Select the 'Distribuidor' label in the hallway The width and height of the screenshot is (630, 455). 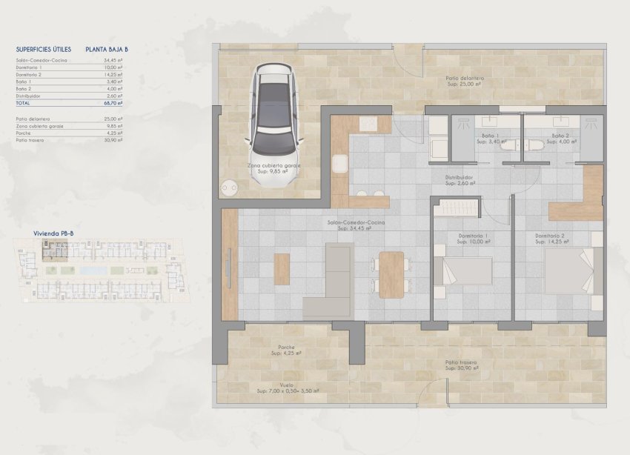pyautogui.click(x=460, y=177)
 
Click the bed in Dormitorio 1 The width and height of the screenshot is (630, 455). pyautogui.click(x=463, y=270)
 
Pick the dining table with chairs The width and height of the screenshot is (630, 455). pyautogui.click(x=391, y=274)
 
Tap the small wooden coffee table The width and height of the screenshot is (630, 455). pyautogui.click(x=282, y=269)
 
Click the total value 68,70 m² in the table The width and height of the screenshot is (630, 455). pyautogui.click(x=113, y=105)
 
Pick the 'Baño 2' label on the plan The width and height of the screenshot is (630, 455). pyautogui.click(x=560, y=136)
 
